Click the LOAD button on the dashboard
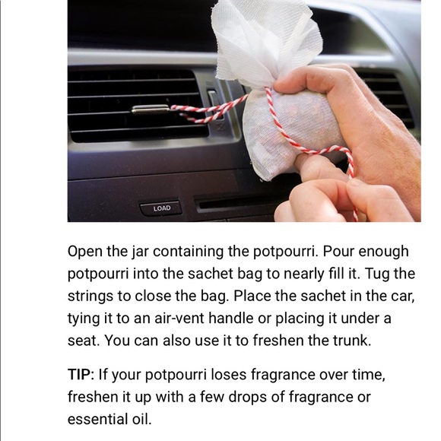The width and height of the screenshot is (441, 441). coord(161,208)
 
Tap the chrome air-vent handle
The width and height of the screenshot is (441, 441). coord(151,109)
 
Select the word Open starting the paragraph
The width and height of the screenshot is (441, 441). coord(84,252)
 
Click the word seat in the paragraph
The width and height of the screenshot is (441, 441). coord(84,341)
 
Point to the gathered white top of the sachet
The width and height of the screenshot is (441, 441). coord(266,40)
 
